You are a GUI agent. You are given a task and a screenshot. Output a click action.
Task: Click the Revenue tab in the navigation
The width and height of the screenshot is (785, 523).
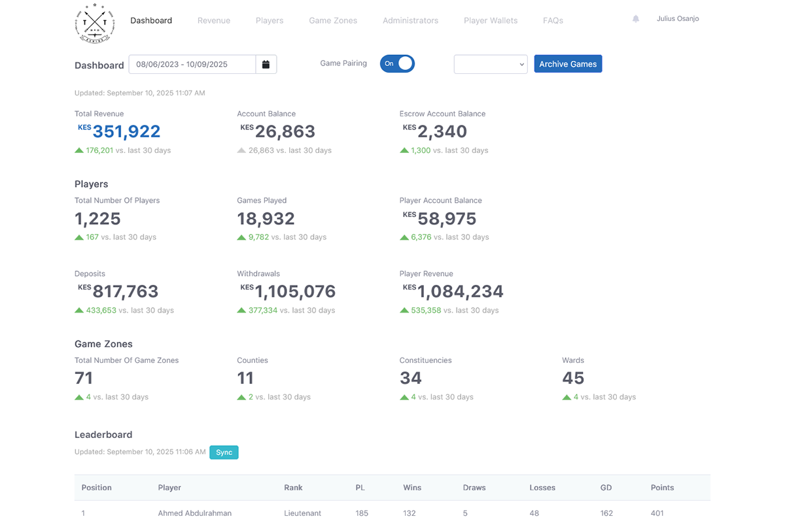(214, 20)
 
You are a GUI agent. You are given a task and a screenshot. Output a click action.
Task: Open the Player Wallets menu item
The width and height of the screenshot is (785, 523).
(491, 20)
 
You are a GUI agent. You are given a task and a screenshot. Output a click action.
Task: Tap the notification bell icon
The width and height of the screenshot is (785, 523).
(636, 19)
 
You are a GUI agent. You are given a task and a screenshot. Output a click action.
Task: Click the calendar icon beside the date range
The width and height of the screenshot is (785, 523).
(266, 64)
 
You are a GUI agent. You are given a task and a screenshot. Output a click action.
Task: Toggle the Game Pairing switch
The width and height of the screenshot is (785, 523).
(397, 63)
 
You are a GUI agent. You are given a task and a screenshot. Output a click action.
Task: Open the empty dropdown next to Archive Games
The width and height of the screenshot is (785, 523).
(491, 64)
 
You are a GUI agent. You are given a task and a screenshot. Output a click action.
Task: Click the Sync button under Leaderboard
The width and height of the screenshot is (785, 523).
(224, 452)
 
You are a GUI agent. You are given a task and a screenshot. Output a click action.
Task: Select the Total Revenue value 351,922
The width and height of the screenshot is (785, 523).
(126, 131)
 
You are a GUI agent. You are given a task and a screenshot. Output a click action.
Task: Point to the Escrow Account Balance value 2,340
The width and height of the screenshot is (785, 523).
(442, 131)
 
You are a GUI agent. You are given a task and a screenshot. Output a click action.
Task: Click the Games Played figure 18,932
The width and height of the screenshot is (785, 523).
(266, 218)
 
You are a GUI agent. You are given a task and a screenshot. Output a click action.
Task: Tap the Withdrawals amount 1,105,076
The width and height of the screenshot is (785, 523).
(295, 292)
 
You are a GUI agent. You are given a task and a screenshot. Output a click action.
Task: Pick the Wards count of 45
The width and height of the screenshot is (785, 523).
(573, 378)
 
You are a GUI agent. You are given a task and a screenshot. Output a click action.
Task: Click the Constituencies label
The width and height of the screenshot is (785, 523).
(425, 360)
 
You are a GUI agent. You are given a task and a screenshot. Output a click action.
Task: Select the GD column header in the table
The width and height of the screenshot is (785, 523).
(606, 488)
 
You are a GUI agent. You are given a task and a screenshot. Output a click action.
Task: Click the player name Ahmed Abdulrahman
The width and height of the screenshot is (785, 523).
(195, 513)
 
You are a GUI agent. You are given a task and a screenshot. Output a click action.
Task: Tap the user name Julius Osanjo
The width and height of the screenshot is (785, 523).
(678, 19)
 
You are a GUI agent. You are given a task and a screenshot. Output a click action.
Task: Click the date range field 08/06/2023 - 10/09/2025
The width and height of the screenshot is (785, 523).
(192, 64)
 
